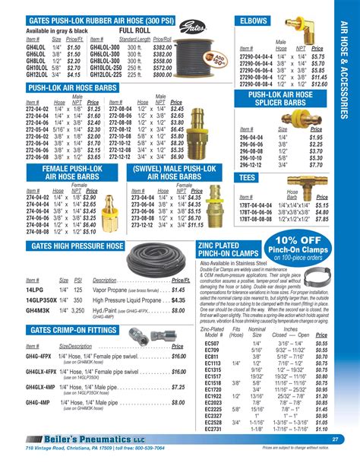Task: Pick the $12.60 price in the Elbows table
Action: (319, 84)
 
